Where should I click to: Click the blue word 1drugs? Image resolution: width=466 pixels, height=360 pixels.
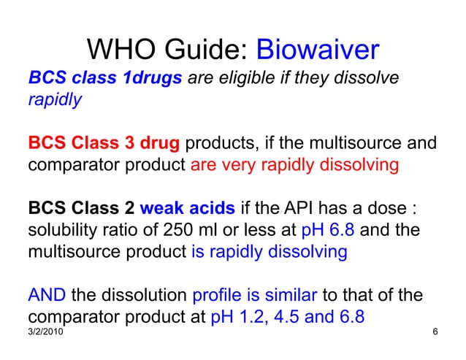click(x=153, y=78)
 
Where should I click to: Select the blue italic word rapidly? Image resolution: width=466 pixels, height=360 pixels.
click(x=55, y=99)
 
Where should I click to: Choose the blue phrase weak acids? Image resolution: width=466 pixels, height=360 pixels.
click(x=188, y=209)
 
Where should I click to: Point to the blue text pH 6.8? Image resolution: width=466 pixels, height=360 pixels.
click(x=328, y=230)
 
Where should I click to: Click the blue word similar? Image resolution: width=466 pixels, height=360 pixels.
click(x=290, y=296)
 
